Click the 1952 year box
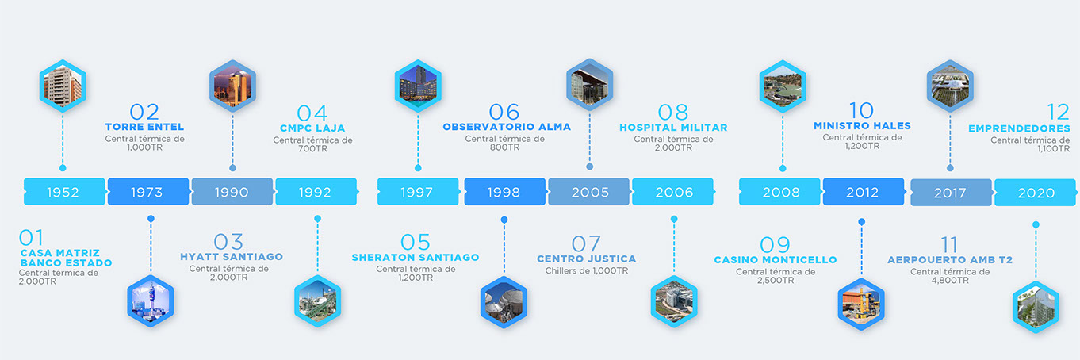click(64, 192)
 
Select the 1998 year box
click(505, 192)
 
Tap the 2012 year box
click(864, 192)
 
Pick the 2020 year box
click(1036, 193)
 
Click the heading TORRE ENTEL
click(144, 127)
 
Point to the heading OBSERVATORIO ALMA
click(507, 127)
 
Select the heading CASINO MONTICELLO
click(776, 260)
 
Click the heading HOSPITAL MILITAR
click(673, 128)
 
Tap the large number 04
click(312, 113)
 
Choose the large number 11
click(950, 245)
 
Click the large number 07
click(586, 244)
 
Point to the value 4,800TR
click(950, 281)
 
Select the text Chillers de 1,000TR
click(587, 271)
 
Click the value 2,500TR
click(776, 281)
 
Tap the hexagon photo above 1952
click(63, 86)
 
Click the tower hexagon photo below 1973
click(151, 301)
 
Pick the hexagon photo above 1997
click(418, 86)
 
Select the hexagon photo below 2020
click(1036, 307)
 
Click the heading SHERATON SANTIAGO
click(416, 258)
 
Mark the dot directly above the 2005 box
click(590, 167)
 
